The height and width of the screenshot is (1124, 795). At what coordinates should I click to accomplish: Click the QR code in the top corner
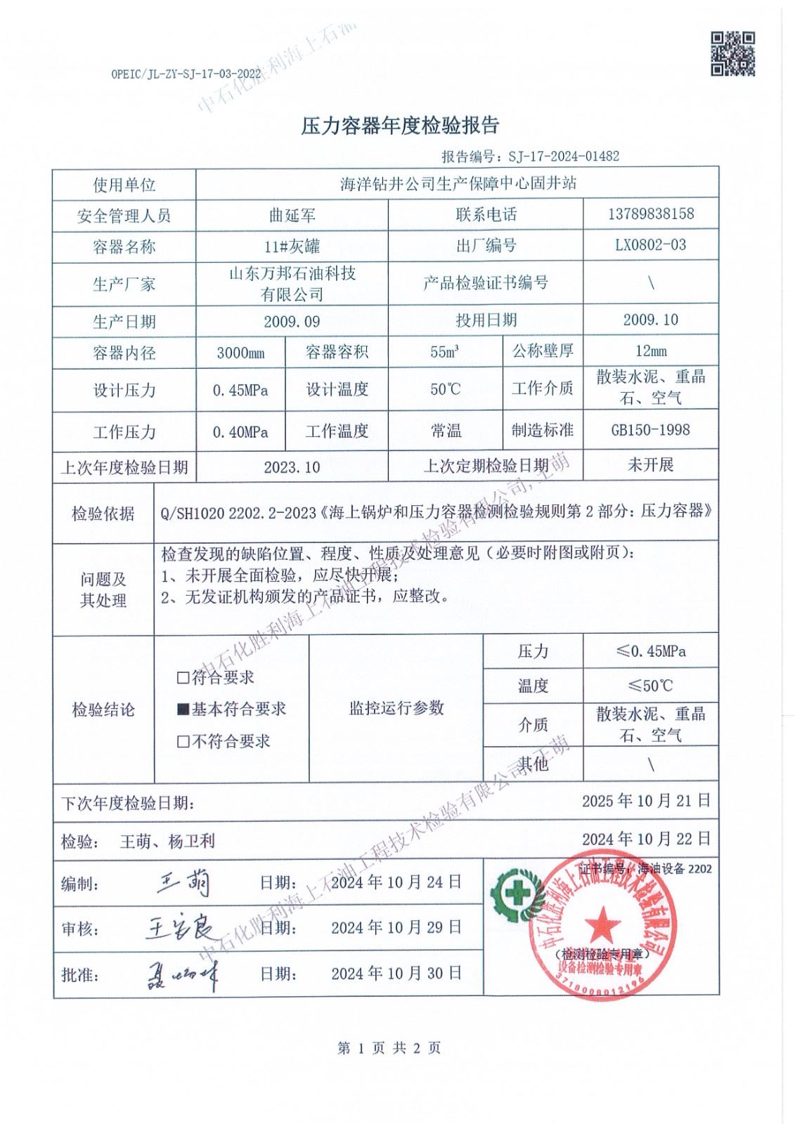(732, 53)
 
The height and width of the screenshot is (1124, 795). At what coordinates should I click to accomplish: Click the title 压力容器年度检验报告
(400, 126)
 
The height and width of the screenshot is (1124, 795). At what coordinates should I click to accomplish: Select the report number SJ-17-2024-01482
(564, 156)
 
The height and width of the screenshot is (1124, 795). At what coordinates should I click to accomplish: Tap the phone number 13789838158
(650, 214)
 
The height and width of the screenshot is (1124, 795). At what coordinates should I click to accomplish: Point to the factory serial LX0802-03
(650, 245)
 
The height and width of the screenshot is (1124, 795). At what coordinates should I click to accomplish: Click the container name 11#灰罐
(292, 246)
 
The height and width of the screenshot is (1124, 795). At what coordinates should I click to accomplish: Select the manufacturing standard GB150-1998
(650, 429)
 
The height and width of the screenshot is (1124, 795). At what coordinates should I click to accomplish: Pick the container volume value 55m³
(445, 352)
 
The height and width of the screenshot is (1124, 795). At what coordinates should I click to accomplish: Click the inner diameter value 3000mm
(240, 353)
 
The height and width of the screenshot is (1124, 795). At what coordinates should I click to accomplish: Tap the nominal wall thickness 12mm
(650, 351)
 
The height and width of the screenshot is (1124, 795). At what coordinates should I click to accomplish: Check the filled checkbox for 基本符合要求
(183, 710)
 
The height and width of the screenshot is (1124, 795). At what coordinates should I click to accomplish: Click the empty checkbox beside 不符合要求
(183, 741)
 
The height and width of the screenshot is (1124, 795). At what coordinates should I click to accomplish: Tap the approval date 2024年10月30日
(396, 973)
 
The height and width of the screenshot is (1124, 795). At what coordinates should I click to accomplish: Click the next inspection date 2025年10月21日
(646, 800)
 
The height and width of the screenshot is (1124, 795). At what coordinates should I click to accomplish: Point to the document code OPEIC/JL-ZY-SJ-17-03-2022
(186, 74)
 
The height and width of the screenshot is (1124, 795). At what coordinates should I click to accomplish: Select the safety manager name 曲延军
(292, 215)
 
